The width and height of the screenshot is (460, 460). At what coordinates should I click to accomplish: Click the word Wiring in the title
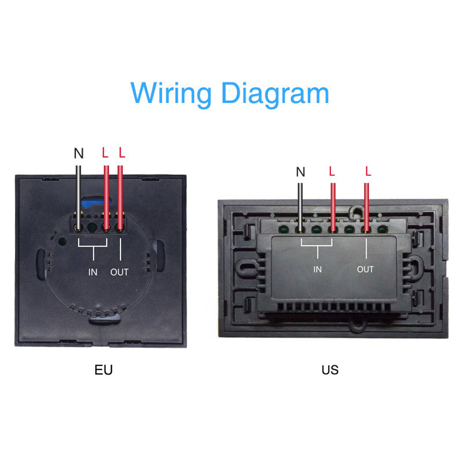tap(171, 93)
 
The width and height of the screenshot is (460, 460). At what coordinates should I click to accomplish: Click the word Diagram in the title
tap(276, 93)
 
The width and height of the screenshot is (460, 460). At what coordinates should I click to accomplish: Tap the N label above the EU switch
tap(79, 153)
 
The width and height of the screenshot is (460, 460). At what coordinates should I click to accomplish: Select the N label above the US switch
tap(300, 172)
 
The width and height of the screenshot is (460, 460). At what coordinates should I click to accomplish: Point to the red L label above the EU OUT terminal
tap(122, 153)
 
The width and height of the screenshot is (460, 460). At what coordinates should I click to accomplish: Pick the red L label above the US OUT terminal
tap(368, 171)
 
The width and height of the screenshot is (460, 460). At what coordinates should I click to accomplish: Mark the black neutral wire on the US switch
tap(300, 207)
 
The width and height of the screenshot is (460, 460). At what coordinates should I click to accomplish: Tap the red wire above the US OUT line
tap(367, 207)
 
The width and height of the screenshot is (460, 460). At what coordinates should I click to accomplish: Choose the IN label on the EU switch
tap(93, 272)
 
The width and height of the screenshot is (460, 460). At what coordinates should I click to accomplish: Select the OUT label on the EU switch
tap(120, 272)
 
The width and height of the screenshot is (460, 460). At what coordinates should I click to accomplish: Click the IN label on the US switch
tap(317, 269)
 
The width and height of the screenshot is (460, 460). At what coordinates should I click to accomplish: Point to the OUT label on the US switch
tap(365, 269)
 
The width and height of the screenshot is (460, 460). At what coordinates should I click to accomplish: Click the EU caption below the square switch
tap(103, 370)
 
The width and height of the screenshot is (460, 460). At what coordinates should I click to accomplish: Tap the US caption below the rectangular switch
tap(330, 370)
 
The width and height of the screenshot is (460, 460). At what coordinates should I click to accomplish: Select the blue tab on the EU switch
tap(95, 202)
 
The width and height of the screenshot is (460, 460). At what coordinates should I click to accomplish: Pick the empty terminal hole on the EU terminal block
tap(92, 227)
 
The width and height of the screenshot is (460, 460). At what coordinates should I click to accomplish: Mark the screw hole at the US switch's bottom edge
tap(357, 324)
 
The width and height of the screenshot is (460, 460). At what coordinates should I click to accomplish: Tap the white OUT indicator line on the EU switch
tap(120, 249)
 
